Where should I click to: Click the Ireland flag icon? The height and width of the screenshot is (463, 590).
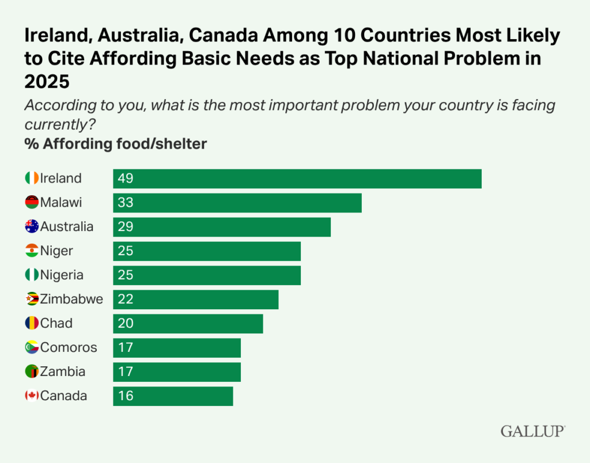click(32, 179)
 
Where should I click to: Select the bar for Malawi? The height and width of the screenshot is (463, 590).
click(237, 203)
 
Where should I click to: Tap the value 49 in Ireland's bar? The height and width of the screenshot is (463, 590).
click(126, 179)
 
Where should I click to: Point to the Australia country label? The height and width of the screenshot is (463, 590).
click(66, 227)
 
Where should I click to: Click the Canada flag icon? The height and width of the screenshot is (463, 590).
click(32, 396)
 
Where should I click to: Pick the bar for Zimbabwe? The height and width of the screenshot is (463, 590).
click(195, 299)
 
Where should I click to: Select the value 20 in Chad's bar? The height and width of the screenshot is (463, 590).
click(126, 324)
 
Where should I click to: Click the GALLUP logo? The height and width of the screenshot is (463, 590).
click(532, 431)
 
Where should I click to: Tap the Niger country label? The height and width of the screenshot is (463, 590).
click(56, 251)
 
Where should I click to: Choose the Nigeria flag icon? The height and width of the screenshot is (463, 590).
click(32, 275)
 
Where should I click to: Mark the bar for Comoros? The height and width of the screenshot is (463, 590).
click(176, 348)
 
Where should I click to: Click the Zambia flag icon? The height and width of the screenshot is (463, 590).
click(32, 372)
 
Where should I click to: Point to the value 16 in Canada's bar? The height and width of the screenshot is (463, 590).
click(126, 396)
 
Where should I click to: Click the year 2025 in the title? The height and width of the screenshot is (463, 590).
click(47, 82)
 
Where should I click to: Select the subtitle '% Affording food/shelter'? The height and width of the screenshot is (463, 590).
click(115, 144)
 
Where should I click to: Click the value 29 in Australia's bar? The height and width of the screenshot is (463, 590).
click(126, 227)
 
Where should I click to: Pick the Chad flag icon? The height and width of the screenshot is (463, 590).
click(32, 324)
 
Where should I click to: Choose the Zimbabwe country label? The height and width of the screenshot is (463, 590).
click(71, 299)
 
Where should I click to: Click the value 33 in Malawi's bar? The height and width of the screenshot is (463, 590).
click(126, 203)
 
